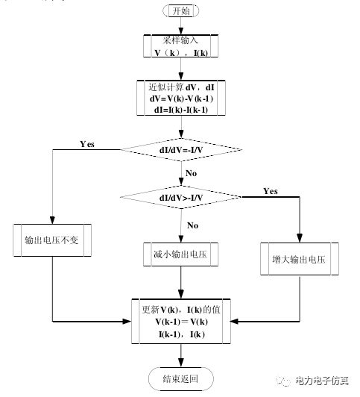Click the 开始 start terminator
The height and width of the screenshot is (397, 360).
point(180,12)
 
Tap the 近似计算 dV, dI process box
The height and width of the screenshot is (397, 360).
point(180,96)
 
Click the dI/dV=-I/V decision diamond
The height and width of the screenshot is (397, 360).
point(180,149)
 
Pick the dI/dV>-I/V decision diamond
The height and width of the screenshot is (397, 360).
point(180,197)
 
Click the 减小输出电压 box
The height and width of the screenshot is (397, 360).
point(180,253)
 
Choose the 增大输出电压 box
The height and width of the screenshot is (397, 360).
point(300,260)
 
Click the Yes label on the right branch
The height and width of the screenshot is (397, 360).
point(271,191)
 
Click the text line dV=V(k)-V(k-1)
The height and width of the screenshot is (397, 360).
point(180,97)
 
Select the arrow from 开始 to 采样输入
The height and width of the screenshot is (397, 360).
point(180,26)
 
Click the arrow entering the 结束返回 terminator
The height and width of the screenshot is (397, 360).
point(180,356)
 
